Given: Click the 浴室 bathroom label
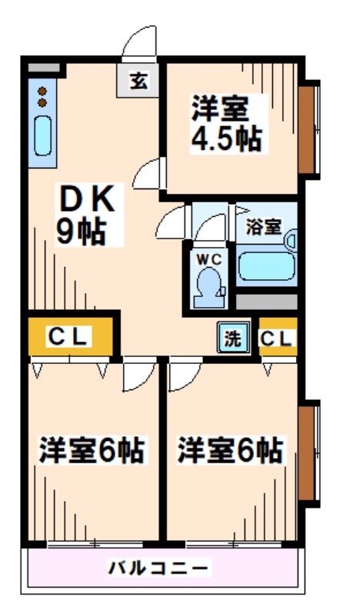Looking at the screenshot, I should tap(263, 227).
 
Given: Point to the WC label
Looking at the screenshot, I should tap(205, 259).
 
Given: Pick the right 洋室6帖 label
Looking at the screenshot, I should tap(230, 449).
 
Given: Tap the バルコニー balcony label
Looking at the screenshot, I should tap(158, 569).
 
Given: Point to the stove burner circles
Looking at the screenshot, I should tap(42, 97).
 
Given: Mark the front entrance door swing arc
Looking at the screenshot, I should tap(140, 42).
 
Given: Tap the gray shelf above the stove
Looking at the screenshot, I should tap(45, 67).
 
